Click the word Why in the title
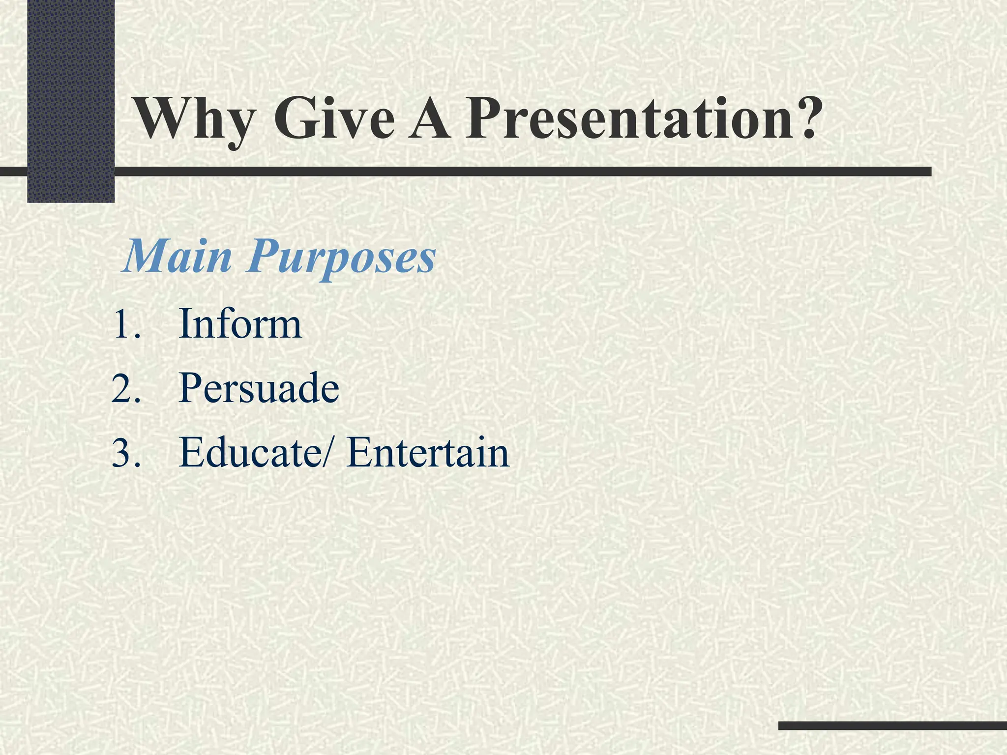pyautogui.click(x=195, y=120)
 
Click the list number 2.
pyautogui.click(x=126, y=388)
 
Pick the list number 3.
pyautogui.click(x=126, y=453)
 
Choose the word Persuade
pyautogui.click(x=259, y=388)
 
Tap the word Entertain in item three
pyautogui.click(x=427, y=452)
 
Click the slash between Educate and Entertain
pyautogui.click(x=331, y=452)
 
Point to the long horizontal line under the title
pyautogui.click(x=492, y=172)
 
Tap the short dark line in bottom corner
pyautogui.click(x=892, y=726)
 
